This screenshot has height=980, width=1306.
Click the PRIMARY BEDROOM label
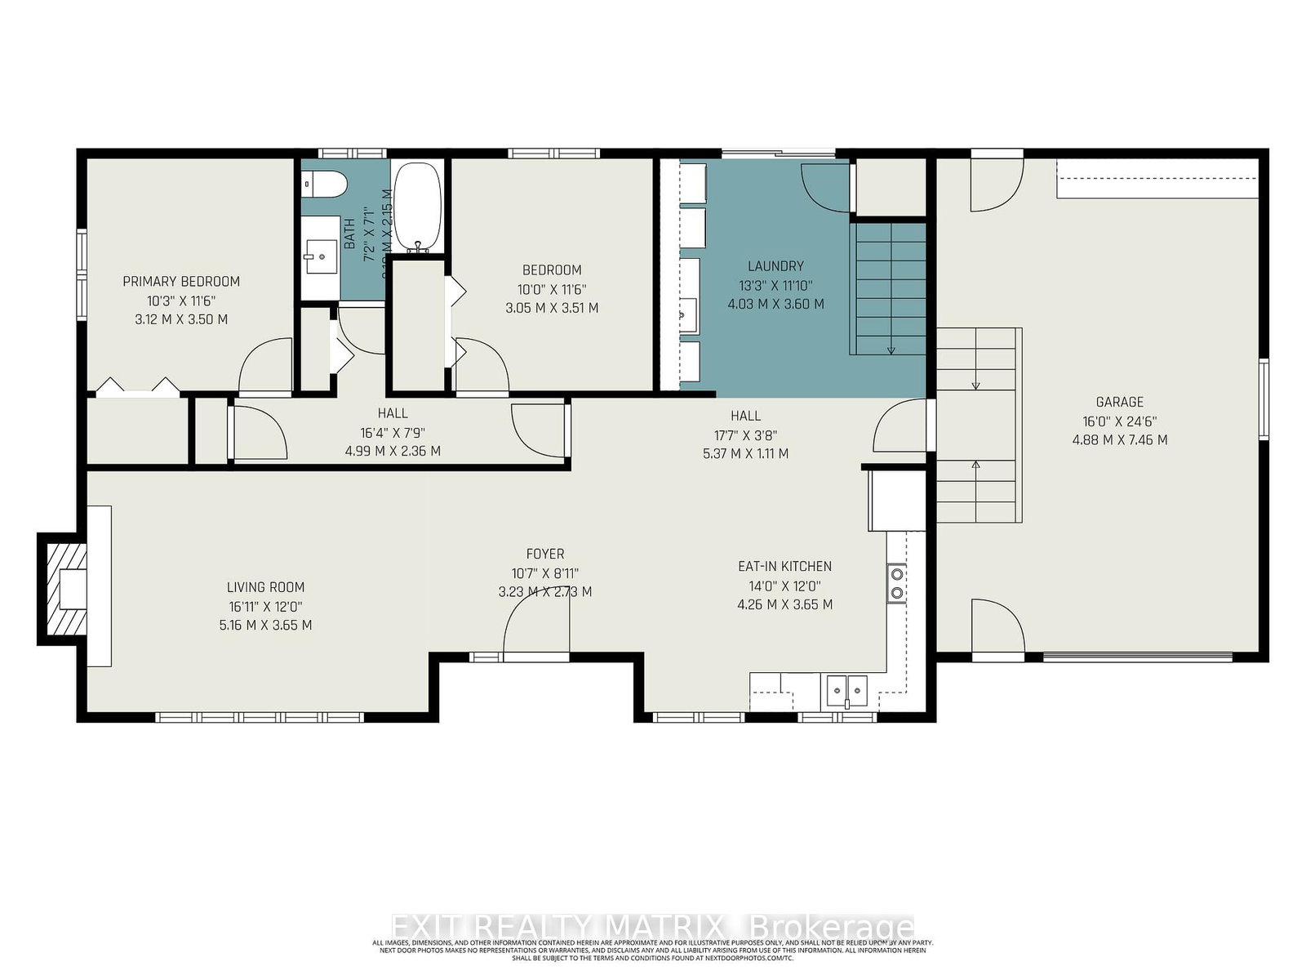[181, 282]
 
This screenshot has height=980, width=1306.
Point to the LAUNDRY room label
[775, 266]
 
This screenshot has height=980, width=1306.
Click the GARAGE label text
[1119, 402]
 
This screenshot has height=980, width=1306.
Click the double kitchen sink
[846, 690]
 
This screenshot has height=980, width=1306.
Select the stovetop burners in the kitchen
[897, 582]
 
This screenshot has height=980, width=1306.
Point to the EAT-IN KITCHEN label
[784, 566]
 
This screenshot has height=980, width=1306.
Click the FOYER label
[544, 554]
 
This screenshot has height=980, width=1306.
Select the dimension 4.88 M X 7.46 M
[1119, 440]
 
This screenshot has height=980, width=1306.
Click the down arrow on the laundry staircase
[891, 349]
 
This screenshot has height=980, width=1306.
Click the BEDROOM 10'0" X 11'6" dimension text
[552, 289]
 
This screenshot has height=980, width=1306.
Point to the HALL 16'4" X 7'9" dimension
[393, 433]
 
